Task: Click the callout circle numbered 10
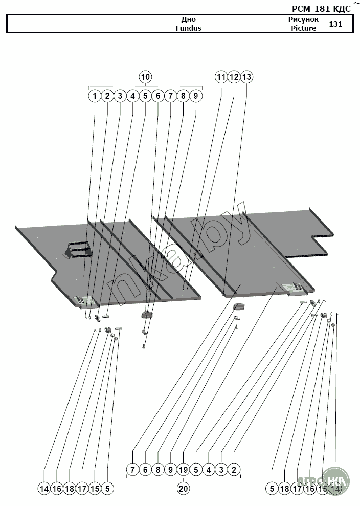(145, 77)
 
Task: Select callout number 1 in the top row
(95, 96)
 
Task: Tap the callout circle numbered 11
(221, 77)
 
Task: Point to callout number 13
(246, 77)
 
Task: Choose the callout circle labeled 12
(234, 77)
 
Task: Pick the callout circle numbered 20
(184, 489)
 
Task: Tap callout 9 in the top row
(196, 96)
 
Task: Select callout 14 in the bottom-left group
(44, 489)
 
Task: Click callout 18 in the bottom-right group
(285, 489)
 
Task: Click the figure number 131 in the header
(336, 24)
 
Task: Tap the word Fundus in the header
(188, 28)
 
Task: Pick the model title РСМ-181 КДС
(321, 9)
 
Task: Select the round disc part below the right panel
(239, 306)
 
